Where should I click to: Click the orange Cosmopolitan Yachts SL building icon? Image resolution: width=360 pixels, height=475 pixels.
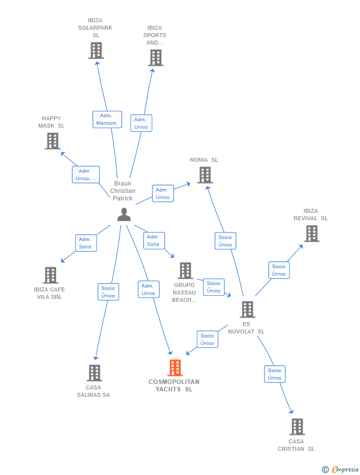[175, 368]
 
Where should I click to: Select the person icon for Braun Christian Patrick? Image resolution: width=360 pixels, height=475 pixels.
[124, 214]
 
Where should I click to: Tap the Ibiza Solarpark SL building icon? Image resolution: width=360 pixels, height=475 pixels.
[96, 50]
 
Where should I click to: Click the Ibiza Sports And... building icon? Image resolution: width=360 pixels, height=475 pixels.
[155, 58]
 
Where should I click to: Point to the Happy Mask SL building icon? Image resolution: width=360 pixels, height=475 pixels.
[52, 141]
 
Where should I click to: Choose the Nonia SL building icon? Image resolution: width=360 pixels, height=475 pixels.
[205, 175]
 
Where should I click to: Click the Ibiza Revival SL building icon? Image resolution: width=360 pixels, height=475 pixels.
[312, 234]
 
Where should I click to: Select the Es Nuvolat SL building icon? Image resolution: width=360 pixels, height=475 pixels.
[247, 310]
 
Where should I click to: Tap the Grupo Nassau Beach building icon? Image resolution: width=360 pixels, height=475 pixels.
[185, 271]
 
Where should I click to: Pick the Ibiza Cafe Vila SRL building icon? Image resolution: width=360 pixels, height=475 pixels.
[50, 275]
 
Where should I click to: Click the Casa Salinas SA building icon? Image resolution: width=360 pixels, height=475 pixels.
[94, 373]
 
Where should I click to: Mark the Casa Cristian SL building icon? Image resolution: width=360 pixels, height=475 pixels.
[297, 427]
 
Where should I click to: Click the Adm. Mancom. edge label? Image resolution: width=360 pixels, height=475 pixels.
[107, 119]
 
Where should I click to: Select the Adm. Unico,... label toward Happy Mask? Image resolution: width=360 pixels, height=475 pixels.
[86, 175]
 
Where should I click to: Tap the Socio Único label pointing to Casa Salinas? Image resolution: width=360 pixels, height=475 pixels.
[108, 292]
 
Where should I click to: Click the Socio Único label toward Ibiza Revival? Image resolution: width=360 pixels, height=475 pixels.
[278, 270]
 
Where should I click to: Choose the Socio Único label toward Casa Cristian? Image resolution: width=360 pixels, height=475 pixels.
[274, 374]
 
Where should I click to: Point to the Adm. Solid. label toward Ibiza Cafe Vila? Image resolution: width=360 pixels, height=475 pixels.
[86, 243]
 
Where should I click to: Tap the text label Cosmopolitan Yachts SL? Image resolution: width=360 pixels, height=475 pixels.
[174, 385]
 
